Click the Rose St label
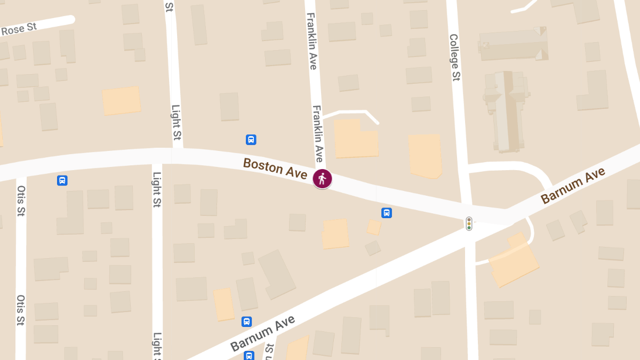[x=19, y=29]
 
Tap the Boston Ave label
[x=275, y=169]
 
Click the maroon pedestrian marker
[x=322, y=179]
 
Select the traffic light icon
[x=469, y=223]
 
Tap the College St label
[x=454, y=58]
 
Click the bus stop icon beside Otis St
[x=62, y=181]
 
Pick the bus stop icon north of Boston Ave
[x=251, y=140]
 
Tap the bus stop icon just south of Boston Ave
[x=387, y=213]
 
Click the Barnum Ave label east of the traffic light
[x=573, y=186]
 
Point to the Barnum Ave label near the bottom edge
[x=262, y=333]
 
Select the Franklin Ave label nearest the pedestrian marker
[x=317, y=133]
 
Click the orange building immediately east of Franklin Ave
[x=356, y=138]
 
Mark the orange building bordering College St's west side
[x=425, y=155]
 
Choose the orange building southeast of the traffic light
[x=513, y=261]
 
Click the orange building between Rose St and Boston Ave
[x=122, y=101]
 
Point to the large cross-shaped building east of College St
[x=506, y=109]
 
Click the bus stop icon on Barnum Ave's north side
[x=246, y=322]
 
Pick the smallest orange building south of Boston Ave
[x=374, y=227]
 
